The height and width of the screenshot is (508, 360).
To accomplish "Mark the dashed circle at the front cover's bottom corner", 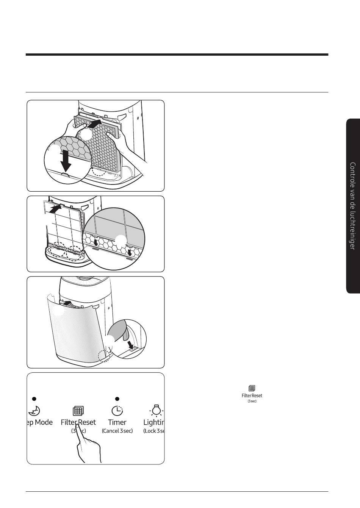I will coord(103,356).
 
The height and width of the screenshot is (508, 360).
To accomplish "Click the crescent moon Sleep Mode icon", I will coord(34,410).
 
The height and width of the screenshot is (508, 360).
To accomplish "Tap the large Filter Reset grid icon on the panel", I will coord(78,411).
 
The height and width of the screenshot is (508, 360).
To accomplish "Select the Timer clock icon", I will coord(117,410).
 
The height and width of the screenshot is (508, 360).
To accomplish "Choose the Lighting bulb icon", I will coord(156,410).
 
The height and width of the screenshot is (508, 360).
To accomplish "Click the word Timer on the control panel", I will coord(117,422).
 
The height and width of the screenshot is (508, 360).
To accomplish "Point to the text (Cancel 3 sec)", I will coord(117,431).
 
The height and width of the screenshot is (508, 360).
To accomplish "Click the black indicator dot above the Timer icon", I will coord(117,399).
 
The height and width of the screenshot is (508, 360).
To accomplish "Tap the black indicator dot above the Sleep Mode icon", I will coord(34,399).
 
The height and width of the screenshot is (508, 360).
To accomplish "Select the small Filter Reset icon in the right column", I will coord(252,388).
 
